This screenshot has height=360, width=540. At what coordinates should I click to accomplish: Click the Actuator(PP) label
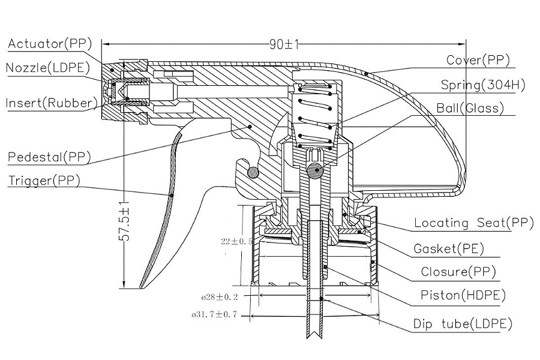coord(50,44)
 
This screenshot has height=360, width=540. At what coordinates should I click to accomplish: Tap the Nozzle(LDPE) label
coord(48,68)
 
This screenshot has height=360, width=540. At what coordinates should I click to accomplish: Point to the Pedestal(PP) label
coord(49,157)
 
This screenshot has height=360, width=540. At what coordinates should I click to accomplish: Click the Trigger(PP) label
coord(44,181)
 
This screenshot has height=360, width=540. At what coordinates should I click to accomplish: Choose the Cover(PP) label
coord(478,60)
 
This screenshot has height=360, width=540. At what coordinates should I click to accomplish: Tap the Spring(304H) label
coord(483,85)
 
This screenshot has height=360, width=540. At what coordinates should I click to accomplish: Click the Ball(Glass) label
coord(470,108)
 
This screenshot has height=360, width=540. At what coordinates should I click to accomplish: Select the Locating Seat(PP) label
coord(474,223)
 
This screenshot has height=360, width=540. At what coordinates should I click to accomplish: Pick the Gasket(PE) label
coord(449,248)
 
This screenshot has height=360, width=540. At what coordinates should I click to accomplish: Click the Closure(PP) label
coord(458,272)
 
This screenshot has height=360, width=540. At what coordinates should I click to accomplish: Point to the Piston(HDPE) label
coord(463,295)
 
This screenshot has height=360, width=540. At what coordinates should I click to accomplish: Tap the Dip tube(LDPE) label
coord(463,324)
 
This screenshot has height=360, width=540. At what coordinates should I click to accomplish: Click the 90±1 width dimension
coord(284,44)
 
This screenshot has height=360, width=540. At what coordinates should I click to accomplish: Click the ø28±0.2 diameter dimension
coord(220,296)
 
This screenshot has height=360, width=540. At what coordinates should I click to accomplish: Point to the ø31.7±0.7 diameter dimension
coord(215,314)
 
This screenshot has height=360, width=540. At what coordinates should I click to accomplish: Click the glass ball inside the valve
coord(315,169)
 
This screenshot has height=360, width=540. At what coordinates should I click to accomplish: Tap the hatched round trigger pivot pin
coord(253,172)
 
